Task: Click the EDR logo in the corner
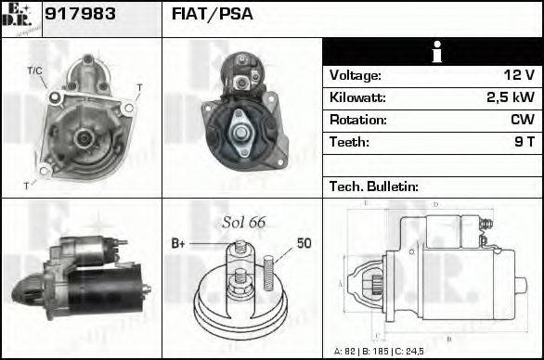(20, 19)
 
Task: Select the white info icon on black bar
(433, 52)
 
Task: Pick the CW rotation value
(522, 120)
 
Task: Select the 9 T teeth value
(524, 142)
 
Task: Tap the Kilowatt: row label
(357, 97)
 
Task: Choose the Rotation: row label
(356, 120)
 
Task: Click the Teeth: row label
(349, 142)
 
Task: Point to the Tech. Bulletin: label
(373, 186)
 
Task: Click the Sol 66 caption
(243, 223)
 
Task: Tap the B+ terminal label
(178, 243)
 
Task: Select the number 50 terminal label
(304, 243)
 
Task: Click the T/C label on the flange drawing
(34, 71)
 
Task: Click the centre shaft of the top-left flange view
(82, 137)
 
